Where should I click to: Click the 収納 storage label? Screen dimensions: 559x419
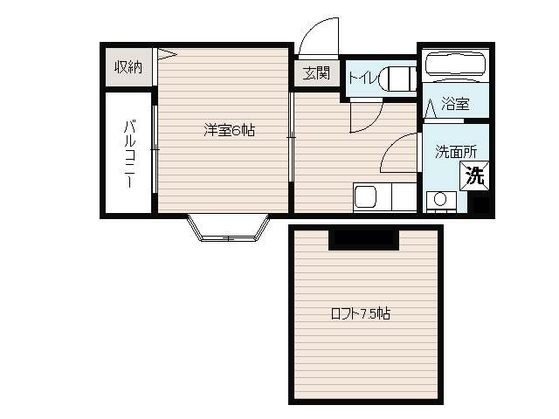click(128, 67)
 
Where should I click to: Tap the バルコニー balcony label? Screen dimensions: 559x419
click(130, 154)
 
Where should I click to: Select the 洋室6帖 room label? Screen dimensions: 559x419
click(229, 130)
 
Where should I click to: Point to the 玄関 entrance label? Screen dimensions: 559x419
click(316, 73)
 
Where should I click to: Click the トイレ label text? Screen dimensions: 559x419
click(362, 78)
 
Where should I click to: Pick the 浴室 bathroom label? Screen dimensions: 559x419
click(455, 103)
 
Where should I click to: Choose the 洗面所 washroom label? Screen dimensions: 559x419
click(456, 152)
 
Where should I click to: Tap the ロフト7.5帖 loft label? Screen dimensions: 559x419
click(361, 313)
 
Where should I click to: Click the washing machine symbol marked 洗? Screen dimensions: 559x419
click(474, 175)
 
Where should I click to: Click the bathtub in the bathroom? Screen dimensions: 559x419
click(456, 65)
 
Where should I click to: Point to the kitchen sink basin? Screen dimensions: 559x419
click(365, 197)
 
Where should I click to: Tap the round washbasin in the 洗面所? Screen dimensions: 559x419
click(440, 199)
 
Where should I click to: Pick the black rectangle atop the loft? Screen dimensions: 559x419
click(363, 240)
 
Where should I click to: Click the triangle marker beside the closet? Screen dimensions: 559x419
click(166, 54)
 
